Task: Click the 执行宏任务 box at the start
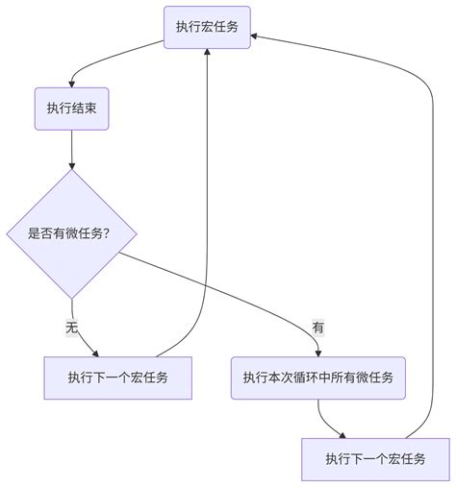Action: coord(207,27)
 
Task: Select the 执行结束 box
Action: coord(72,109)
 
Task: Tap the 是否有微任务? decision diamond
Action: coord(72,234)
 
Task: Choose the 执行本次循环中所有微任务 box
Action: coord(318,377)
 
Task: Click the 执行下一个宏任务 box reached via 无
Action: coord(118,377)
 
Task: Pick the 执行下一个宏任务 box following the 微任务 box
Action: coord(374,459)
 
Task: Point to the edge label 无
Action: coord(71,328)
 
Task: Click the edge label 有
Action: coord(318,328)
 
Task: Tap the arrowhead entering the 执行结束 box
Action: coord(72,84)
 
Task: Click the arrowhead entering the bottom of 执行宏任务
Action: coord(207,54)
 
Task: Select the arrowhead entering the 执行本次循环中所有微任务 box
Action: coord(318,352)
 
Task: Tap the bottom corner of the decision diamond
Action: coord(72,299)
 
